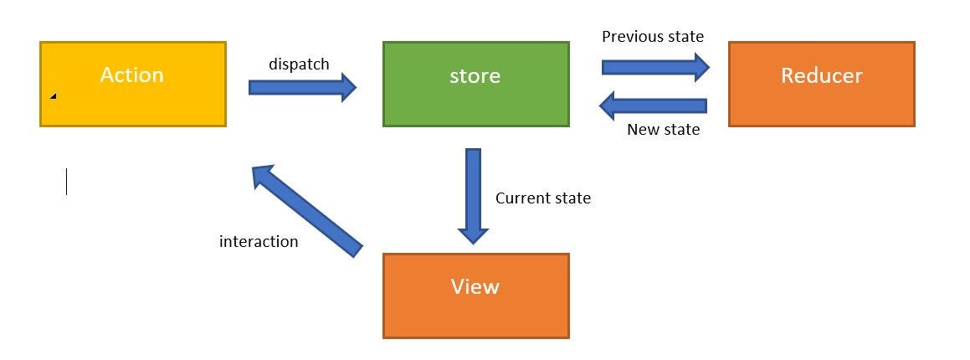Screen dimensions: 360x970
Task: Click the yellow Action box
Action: click(132, 100)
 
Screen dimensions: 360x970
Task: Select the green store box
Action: click(475, 102)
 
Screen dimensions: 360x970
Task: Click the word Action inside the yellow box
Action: click(131, 75)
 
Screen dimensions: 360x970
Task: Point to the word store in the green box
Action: click(475, 76)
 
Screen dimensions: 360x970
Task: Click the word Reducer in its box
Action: click(821, 75)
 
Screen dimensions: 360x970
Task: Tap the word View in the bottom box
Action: click(475, 287)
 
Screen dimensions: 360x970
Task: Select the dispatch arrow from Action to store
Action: click(302, 87)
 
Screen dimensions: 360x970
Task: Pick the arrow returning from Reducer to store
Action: click(653, 105)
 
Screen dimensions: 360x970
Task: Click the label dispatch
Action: click(299, 64)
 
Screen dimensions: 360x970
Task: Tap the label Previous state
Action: click(653, 37)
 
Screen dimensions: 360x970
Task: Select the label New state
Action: click(663, 130)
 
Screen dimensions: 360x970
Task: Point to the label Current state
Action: click(542, 198)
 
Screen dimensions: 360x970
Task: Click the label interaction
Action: click(259, 242)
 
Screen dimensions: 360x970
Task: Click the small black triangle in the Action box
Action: click(53, 96)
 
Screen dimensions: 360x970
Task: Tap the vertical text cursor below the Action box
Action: click(66, 182)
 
